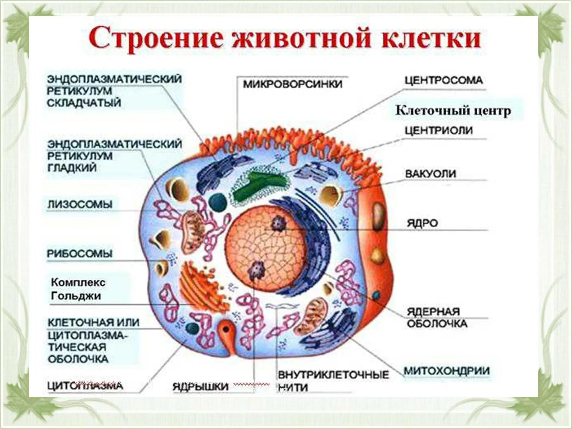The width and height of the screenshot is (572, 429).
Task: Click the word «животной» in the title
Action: (x=302, y=39)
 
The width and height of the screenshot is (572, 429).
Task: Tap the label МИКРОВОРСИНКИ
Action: (x=293, y=84)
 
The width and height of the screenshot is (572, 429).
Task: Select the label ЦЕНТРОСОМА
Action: (x=444, y=80)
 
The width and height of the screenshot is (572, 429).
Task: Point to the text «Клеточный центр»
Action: (x=453, y=111)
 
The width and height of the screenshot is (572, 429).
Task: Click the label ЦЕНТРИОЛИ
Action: (x=439, y=131)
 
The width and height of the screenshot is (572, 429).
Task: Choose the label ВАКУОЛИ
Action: (x=431, y=174)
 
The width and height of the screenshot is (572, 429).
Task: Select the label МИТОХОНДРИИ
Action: (x=446, y=371)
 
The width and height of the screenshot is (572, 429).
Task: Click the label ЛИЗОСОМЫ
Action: (x=80, y=204)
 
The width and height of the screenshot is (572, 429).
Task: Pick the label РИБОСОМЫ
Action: (x=80, y=254)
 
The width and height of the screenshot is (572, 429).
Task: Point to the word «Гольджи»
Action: (x=76, y=296)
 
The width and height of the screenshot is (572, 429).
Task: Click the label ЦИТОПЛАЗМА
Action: (x=85, y=386)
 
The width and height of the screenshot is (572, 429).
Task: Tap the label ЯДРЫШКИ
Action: (x=201, y=386)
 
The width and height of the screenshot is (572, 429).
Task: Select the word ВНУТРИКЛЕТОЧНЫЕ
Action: (x=333, y=375)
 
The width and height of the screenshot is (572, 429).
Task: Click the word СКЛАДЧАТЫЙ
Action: (x=84, y=103)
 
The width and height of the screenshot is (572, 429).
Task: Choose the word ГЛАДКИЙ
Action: (x=72, y=168)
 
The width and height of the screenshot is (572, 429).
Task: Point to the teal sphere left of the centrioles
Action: (x=218, y=202)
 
